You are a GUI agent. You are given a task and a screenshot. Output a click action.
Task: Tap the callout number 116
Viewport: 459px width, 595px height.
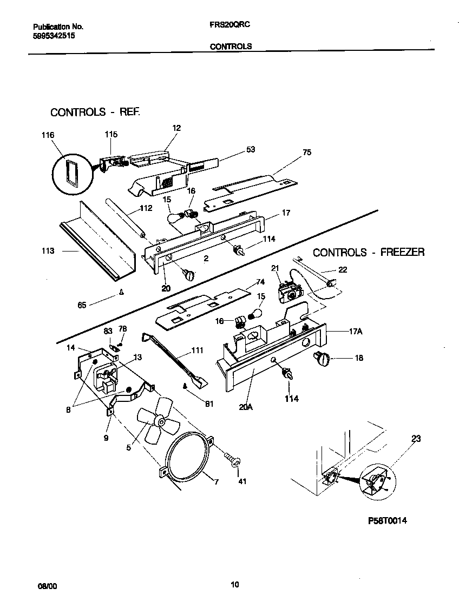point(48,135)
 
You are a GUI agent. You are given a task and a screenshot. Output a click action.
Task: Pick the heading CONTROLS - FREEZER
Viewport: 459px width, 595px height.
point(369,252)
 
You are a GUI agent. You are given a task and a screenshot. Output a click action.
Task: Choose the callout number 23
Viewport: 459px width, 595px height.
point(416,439)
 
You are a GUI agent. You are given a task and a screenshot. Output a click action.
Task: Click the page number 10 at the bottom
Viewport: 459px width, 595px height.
point(234,584)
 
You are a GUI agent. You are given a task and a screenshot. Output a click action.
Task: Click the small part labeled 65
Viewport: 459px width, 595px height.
point(122,293)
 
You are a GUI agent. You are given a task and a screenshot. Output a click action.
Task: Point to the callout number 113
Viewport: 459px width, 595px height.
point(48,251)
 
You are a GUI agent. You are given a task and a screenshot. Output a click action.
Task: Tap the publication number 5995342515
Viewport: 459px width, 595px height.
point(53,35)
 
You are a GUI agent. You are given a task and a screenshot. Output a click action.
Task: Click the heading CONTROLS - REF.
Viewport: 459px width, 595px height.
point(95,113)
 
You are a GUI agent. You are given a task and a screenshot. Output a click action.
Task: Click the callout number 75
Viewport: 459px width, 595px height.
point(307,153)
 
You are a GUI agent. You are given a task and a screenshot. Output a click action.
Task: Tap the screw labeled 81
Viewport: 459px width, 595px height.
point(185,386)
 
